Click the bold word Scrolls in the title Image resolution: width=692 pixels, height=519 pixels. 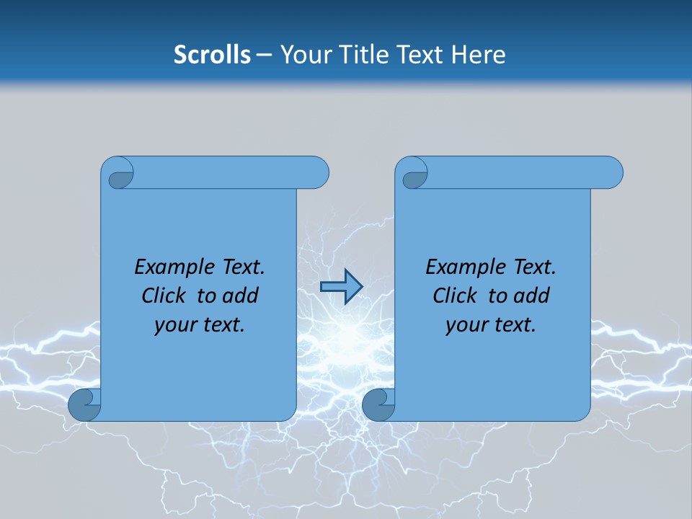click(212, 55)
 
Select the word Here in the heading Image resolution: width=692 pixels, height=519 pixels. click(478, 55)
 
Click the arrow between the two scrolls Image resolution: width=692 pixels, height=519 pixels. click(341, 287)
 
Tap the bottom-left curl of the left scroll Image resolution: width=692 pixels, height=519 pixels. click(84, 404)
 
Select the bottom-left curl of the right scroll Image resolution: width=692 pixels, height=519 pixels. click(378, 404)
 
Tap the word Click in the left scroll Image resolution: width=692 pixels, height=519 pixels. click(164, 296)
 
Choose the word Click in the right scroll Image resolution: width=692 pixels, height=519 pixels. click(456, 296)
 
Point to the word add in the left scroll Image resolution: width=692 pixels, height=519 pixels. click(241, 296)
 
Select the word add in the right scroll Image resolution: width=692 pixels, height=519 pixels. click(532, 296)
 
